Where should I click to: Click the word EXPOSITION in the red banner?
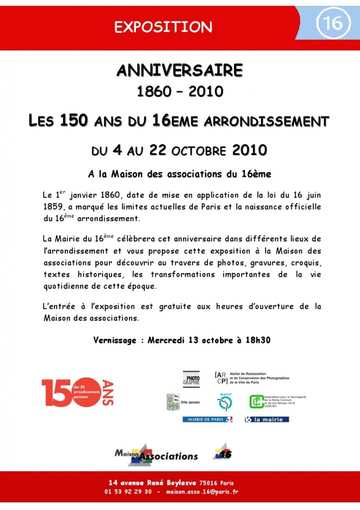tap(163, 26)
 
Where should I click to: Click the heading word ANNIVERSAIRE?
tap(180, 71)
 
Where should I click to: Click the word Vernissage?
tap(115, 341)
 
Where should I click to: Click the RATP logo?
tap(225, 401)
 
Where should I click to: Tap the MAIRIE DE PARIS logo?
tap(207, 419)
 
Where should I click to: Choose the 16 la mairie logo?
tap(267, 419)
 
